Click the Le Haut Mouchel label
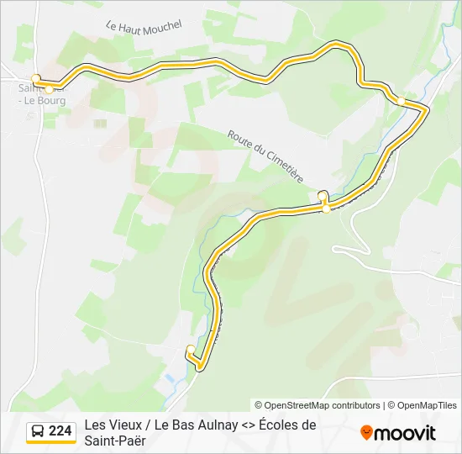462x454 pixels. [144, 26]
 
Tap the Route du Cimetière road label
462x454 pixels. [265, 157]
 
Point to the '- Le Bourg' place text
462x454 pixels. [45, 100]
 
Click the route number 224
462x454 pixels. [60, 431]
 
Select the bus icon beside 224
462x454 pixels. [38, 431]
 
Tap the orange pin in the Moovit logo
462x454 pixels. [366, 433]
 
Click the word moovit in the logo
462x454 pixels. [405, 433]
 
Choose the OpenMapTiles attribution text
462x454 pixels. [427, 405]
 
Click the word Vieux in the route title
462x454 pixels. [126, 425]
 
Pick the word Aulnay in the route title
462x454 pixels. [217, 425]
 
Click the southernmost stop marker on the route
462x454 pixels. [191, 349]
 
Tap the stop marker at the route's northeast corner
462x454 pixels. [401, 101]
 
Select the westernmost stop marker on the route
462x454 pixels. [35, 78]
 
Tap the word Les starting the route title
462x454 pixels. [95, 425]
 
